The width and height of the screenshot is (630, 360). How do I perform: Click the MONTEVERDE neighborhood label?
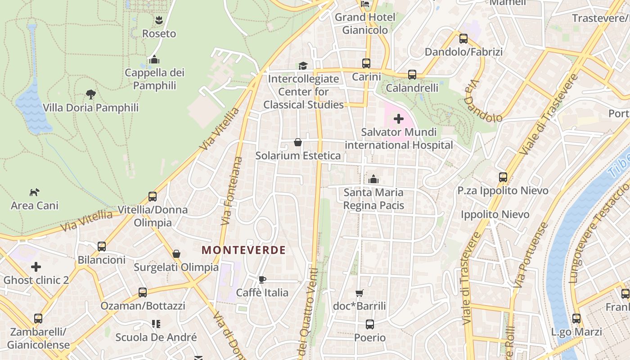[x=243, y=250]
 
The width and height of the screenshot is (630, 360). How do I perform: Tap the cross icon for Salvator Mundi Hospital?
[x=399, y=119]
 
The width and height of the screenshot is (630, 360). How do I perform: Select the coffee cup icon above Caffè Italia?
[x=262, y=279]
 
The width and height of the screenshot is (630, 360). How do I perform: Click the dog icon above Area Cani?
[x=34, y=192]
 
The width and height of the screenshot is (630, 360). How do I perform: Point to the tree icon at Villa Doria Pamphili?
[x=91, y=94]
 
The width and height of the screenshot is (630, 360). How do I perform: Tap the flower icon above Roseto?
[x=159, y=20]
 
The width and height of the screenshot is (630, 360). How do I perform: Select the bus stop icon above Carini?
[x=366, y=63]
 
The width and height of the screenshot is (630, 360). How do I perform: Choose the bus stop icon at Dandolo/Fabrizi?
[x=463, y=39]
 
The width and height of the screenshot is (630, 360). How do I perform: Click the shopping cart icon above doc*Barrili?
[x=359, y=293]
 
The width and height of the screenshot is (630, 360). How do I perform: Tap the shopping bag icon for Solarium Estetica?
[x=298, y=143]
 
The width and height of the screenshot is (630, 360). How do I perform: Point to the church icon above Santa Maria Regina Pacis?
[x=373, y=180]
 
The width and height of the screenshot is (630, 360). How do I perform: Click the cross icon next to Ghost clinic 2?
[x=36, y=267]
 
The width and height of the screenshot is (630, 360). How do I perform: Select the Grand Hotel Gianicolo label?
[x=365, y=23]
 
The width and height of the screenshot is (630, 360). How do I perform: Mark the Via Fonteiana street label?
[x=232, y=191]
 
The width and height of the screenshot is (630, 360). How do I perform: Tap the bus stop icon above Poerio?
[x=370, y=324]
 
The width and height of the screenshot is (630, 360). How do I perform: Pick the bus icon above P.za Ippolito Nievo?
[x=503, y=177]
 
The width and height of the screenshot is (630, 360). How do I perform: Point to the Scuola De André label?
[x=156, y=337]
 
